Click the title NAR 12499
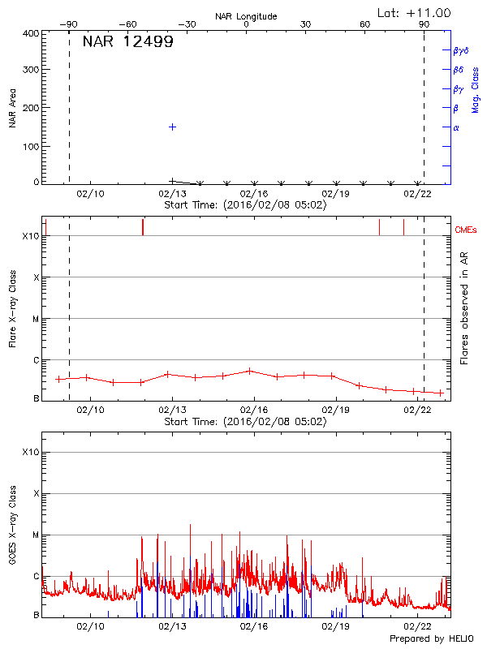coord(127,42)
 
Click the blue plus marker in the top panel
coord(172,127)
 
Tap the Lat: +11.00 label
coord(415,13)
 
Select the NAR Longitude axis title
coord(246,16)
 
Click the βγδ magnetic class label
coord(460,50)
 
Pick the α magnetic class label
coord(456,128)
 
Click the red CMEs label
coord(466,230)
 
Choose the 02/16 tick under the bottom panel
coord(254,626)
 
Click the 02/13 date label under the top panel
coord(172,195)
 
